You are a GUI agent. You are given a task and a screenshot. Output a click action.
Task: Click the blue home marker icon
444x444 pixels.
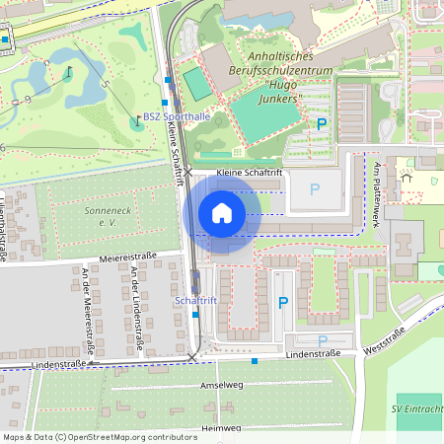click(222, 213)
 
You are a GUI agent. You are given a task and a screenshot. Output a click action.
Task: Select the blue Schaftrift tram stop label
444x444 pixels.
click(194, 300)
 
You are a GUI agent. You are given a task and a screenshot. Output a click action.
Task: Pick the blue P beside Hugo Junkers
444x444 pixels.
click(321, 124)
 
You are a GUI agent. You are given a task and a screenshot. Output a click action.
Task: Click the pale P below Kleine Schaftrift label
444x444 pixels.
click(315, 188)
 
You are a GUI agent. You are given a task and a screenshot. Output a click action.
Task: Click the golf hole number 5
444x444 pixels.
click(104, 84)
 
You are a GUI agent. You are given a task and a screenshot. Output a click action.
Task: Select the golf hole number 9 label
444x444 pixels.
click(27, 99)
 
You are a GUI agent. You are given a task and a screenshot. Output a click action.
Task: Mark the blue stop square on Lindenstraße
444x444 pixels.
click(255, 361)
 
